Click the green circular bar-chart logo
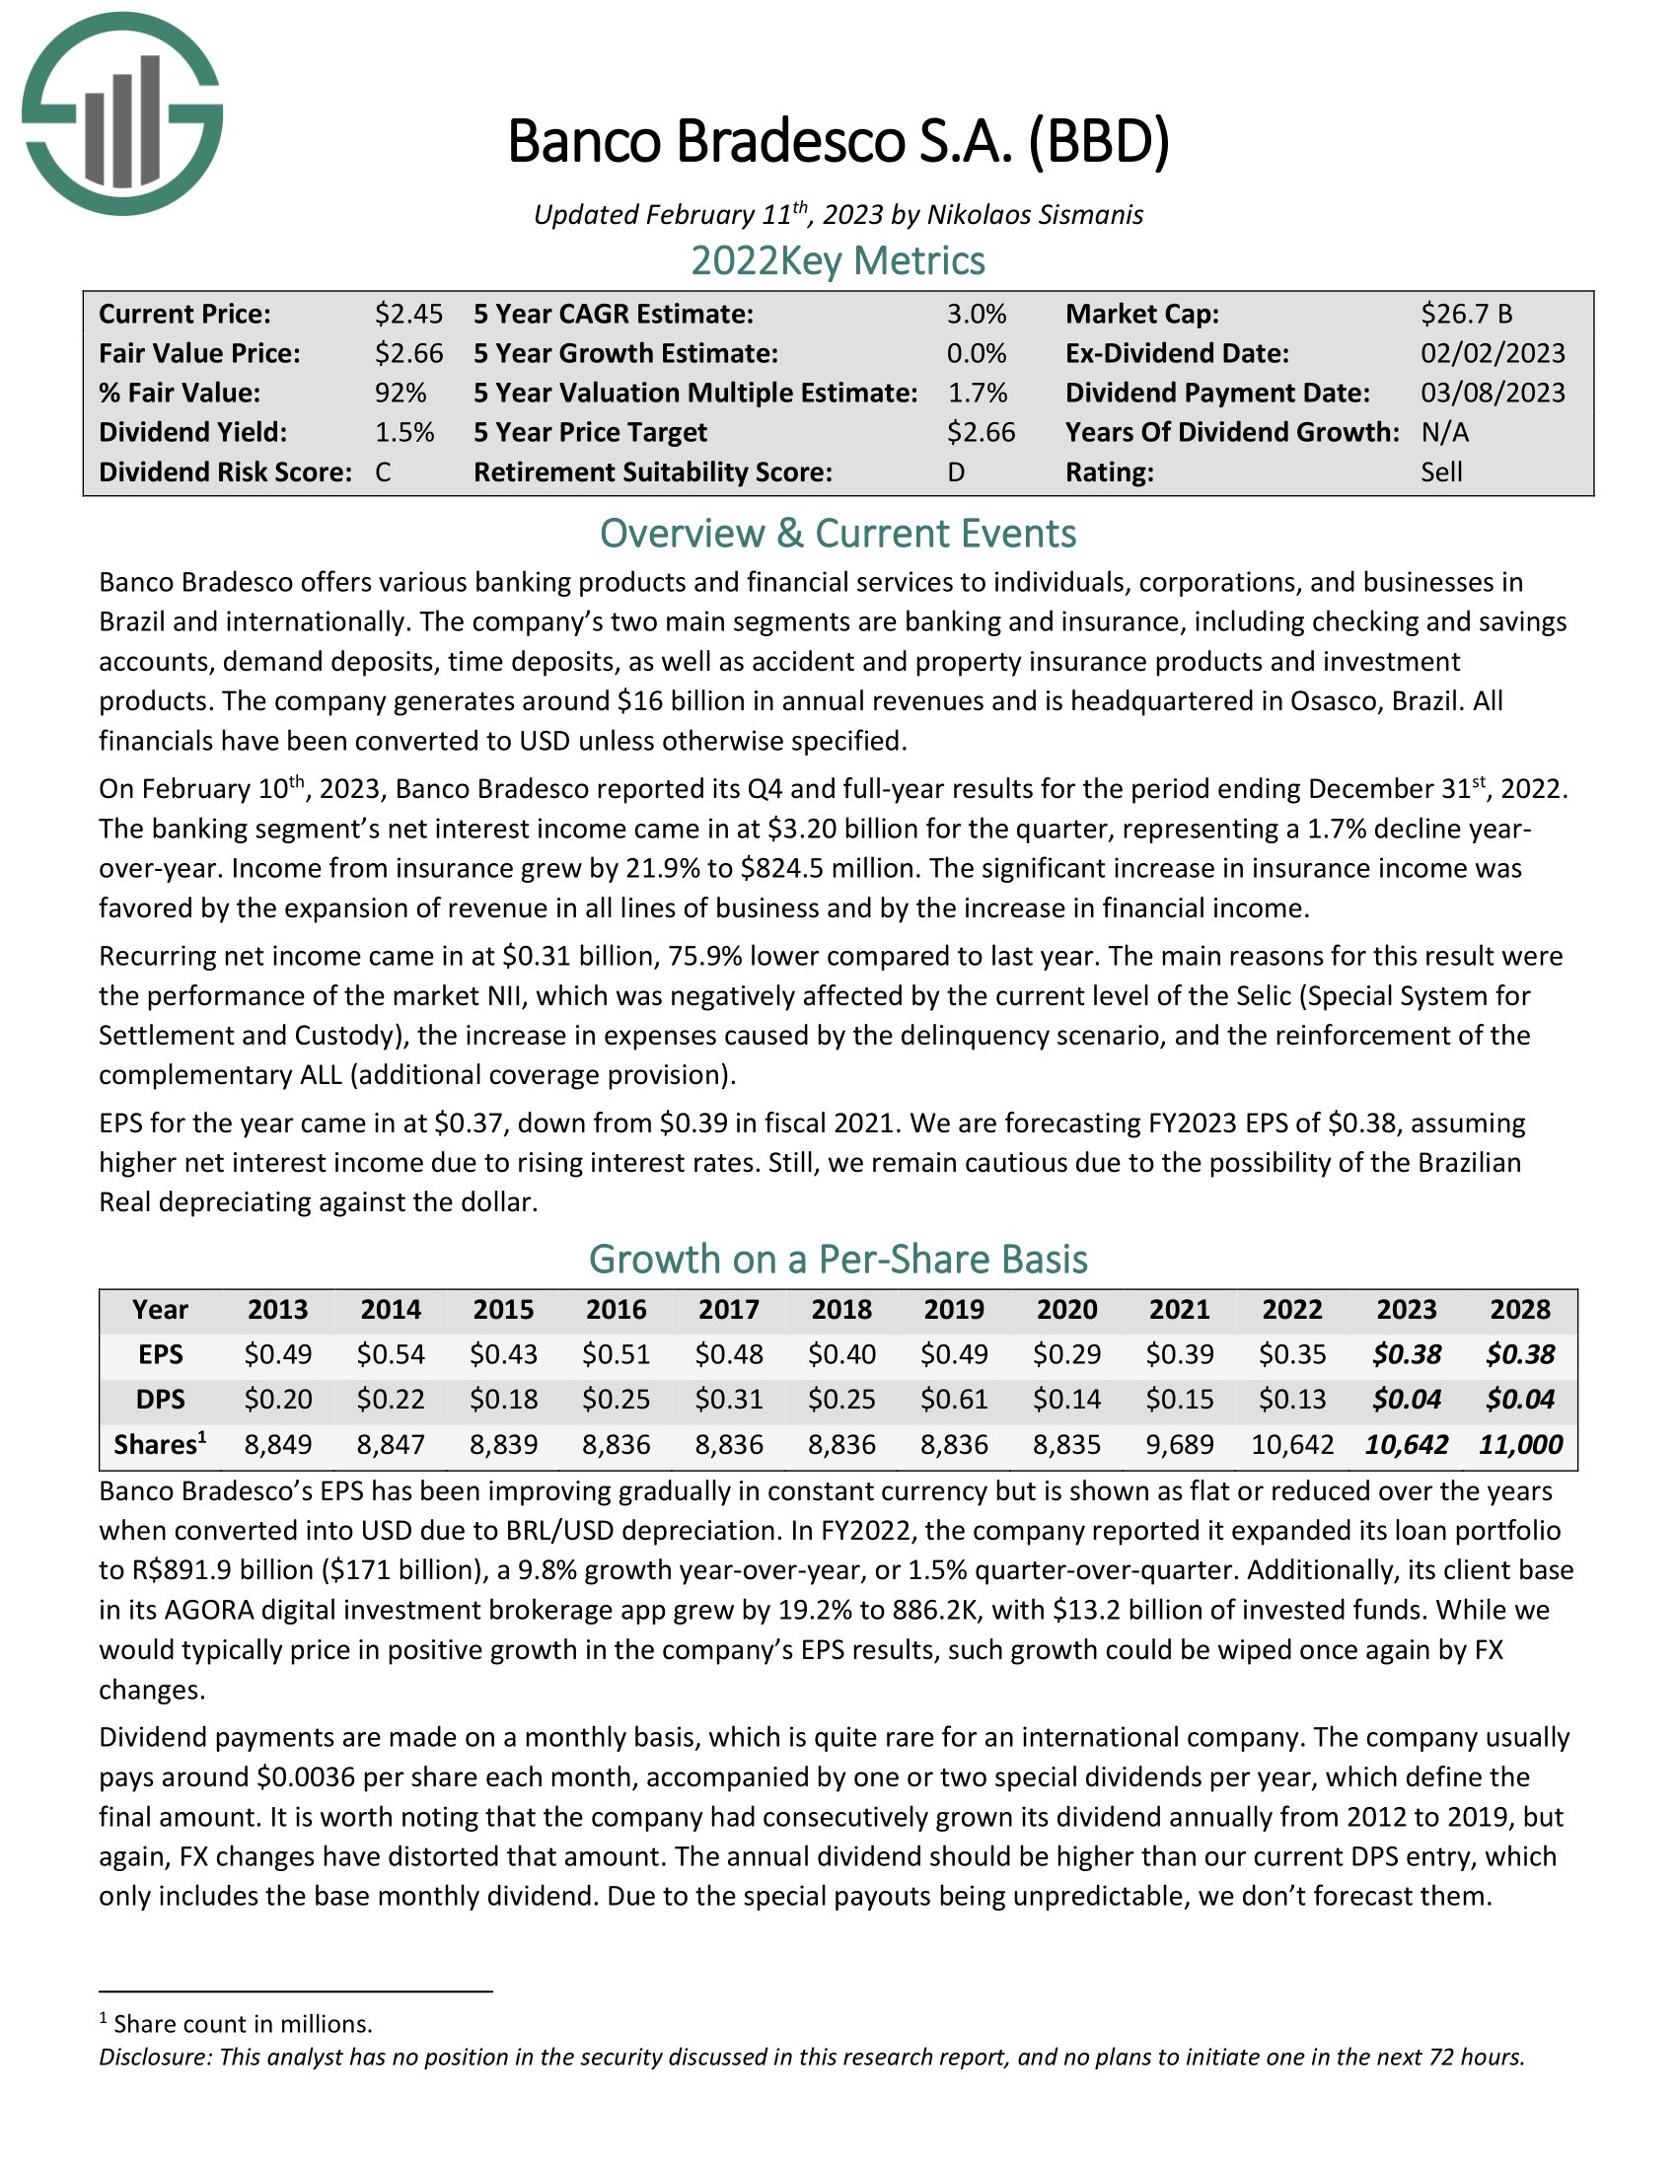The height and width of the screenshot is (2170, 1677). pyautogui.click(x=122, y=114)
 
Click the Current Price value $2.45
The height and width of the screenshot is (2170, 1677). pyautogui.click(x=408, y=314)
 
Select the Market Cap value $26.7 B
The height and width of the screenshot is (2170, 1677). pyautogui.click(x=1465, y=314)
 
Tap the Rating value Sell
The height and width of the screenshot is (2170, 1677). pyautogui.click(x=1440, y=471)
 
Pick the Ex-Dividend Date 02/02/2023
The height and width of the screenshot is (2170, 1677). pyautogui.click(x=1493, y=354)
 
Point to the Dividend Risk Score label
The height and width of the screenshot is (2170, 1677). pyautogui.click(x=225, y=471)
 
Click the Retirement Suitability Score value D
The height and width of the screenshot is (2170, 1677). pyautogui.click(x=956, y=471)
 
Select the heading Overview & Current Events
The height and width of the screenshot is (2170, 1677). pyautogui.click(x=838, y=534)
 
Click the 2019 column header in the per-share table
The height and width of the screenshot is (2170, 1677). pyautogui.click(x=954, y=1310)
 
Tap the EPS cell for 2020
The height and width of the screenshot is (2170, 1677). pyautogui.click(x=1066, y=1354)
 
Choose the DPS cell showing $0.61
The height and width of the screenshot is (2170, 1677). pyautogui.click(x=954, y=1399)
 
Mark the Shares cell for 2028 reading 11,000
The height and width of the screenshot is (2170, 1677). pyautogui.click(x=1520, y=1445)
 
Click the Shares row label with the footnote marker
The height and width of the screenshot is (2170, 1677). pyautogui.click(x=160, y=1445)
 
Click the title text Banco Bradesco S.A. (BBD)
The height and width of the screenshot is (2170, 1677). pyautogui.click(x=838, y=141)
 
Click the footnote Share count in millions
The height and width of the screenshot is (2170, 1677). pyautogui.click(x=243, y=2024)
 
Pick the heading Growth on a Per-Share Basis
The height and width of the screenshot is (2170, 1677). pyautogui.click(x=838, y=1259)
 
